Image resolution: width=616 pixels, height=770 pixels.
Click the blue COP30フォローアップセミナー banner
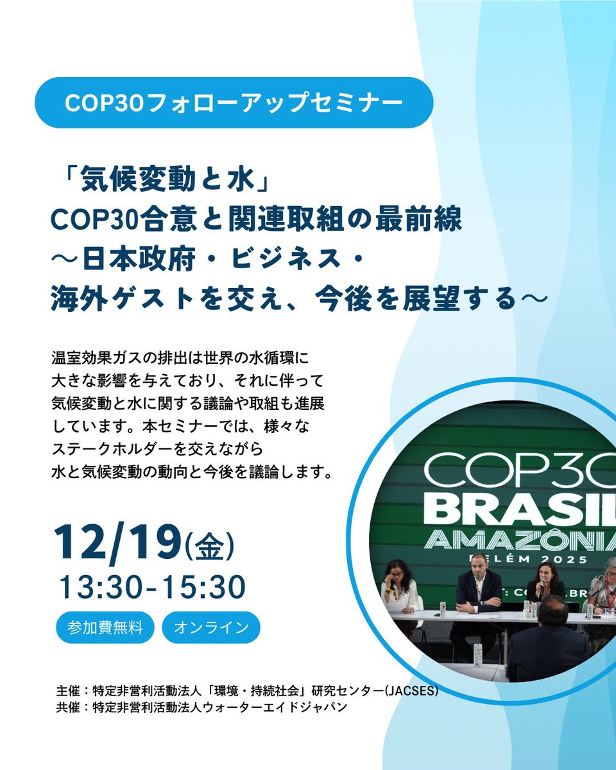pos(234,103)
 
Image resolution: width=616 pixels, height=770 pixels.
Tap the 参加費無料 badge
pos(105,627)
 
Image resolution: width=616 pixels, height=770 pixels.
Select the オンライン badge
pos(211,627)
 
